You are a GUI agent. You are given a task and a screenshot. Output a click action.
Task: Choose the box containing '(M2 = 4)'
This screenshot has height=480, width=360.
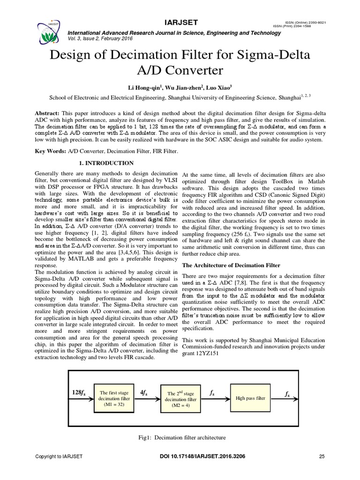(x=179, y=398)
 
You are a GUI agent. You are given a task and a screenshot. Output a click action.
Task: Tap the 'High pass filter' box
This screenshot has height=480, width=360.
(x=250, y=398)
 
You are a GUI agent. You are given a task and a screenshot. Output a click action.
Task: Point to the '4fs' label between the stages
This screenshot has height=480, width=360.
(x=145, y=392)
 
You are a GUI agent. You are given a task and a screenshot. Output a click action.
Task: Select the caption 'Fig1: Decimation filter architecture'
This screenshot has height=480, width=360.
(x=180, y=437)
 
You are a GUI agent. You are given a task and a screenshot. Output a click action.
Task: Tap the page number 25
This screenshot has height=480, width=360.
(x=322, y=456)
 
